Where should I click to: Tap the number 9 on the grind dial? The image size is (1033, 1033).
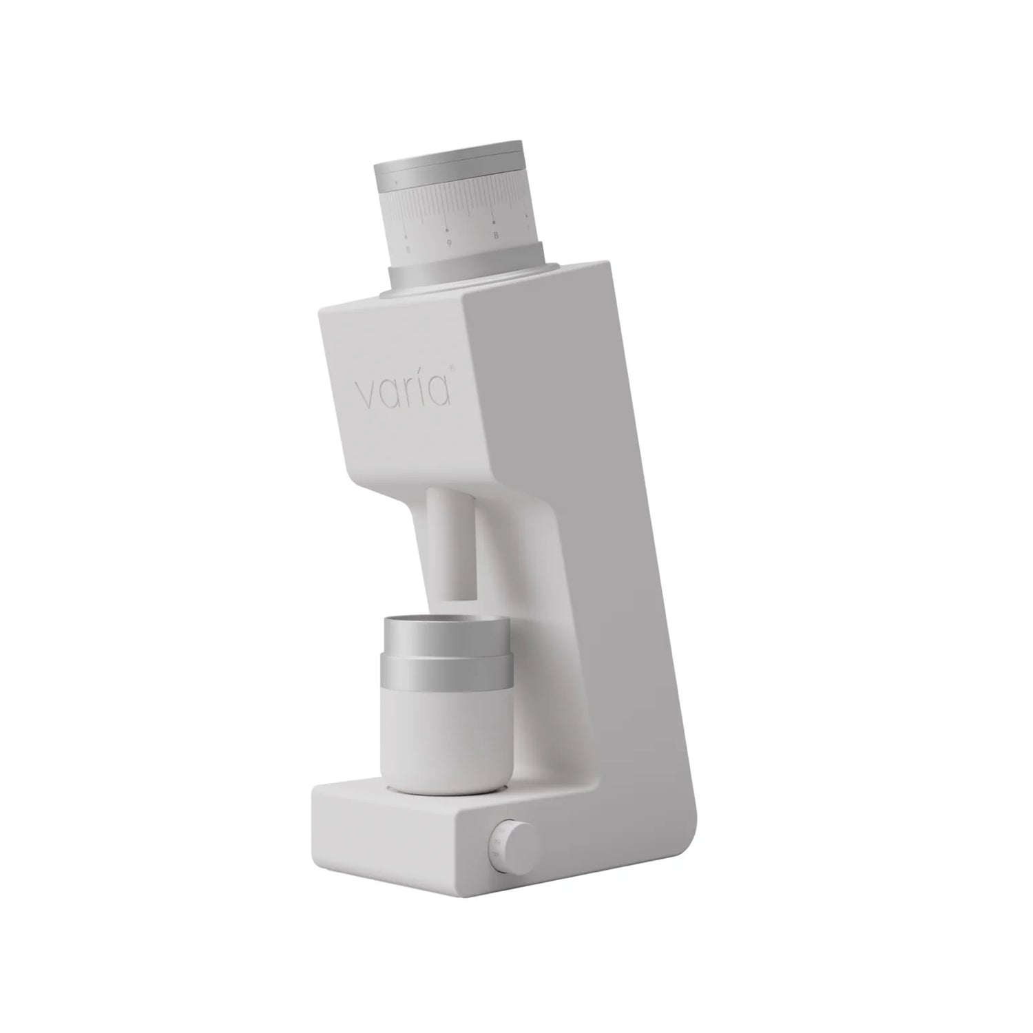tap(448, 243)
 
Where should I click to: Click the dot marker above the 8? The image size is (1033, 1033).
tap(494, 222)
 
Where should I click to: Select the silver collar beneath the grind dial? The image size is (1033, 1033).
tap(468, 278)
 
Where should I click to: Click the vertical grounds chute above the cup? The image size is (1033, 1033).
tap(451, 544)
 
